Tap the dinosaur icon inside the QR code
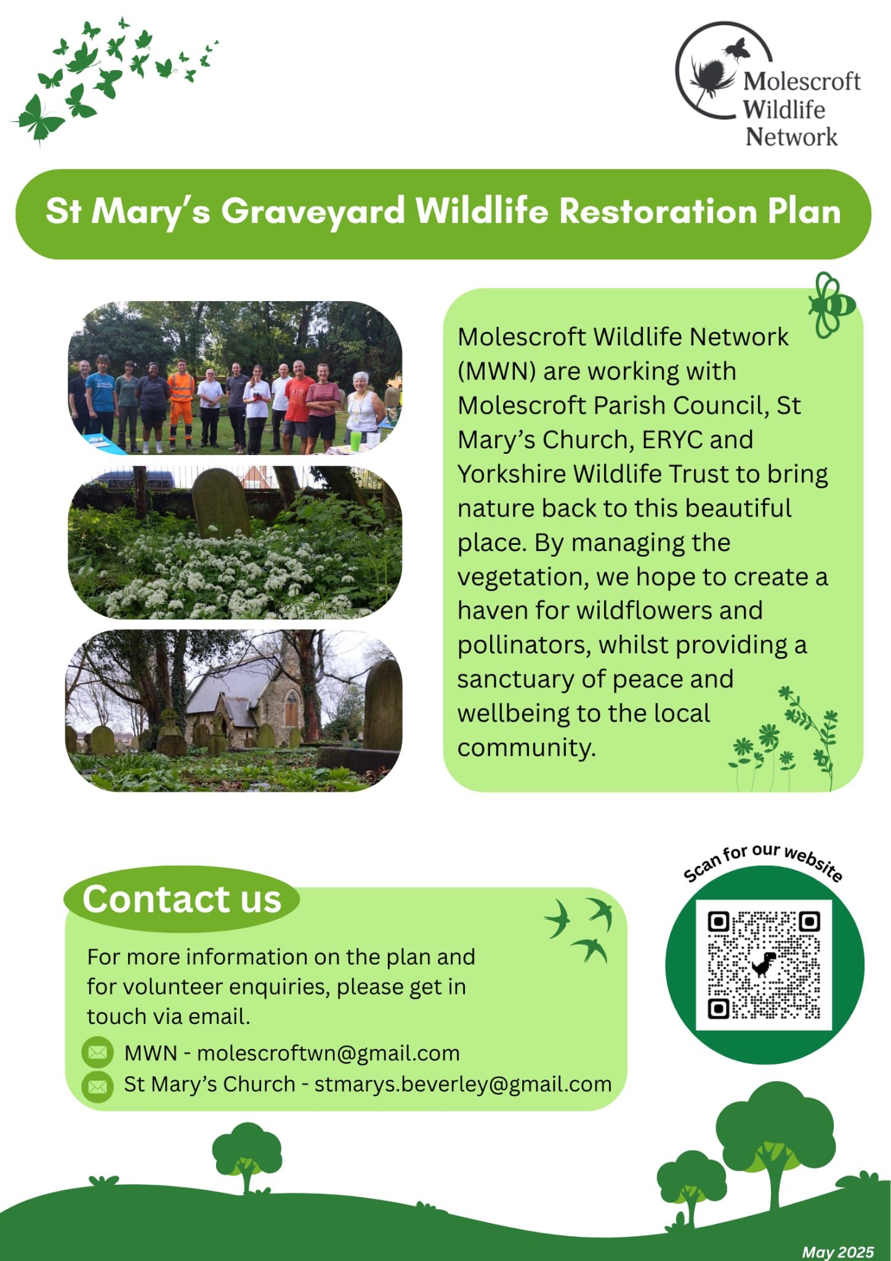coord(764,964)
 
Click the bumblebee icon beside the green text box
coord(832,305)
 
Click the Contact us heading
coord(182,899)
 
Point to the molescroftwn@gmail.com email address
coord(328,1053)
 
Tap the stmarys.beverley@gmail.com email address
coord(463,1084)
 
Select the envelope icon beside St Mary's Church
coord(97,1086)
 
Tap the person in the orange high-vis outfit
coord(180,403)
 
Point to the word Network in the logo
coord(791,137)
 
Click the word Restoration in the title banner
coord(658,211)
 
